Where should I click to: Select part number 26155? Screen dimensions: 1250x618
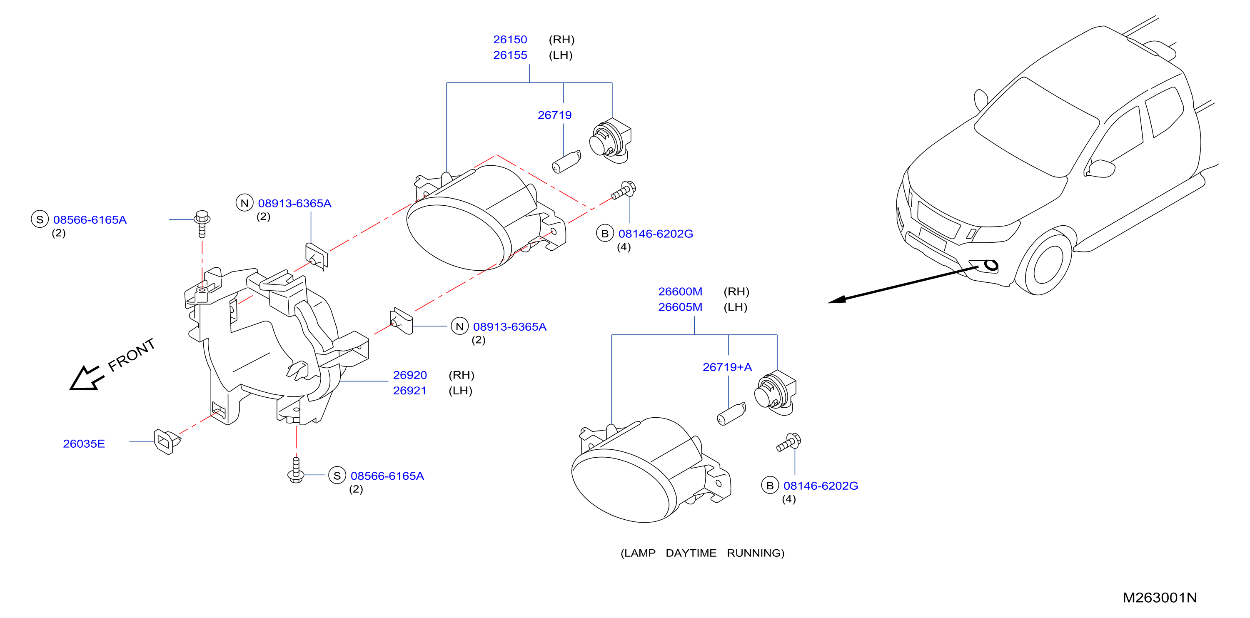pyautogui.click(x=510, y=55)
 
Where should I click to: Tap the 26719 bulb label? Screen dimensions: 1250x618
pyautogui.click(x=555, y=115)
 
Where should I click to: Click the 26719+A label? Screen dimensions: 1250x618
pyautogui.click(x=727, y=367)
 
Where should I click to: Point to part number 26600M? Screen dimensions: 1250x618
pyautogui.click(x=680, y=292)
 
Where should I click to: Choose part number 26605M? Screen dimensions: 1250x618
pyautogui.click(x=680, y=307)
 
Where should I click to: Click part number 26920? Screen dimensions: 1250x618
pyautogui.click(x=410, y=375)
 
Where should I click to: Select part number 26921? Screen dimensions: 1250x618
pyautogui.click(x=410, y=391)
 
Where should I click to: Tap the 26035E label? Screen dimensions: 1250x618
pyautogui.click(x=84, y=444)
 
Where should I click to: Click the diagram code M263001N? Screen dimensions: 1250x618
pyautogui.click(x=1160, y=598)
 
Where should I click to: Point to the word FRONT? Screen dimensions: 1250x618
pyautogui.click(x=132, y=354)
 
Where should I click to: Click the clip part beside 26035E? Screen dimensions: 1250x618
pyautogui.click(x=167, y=441)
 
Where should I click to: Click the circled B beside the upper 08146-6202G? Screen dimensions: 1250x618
pyautogui.click(x=605, y=233)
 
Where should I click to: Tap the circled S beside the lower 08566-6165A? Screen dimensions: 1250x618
pyautogui.click(x=337, y=476)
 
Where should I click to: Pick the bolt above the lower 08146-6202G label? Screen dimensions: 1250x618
pyautogui.click(x=789, y=442)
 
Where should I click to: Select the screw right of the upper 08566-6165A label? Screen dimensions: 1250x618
pyautogui.click(x=202, y=224)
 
